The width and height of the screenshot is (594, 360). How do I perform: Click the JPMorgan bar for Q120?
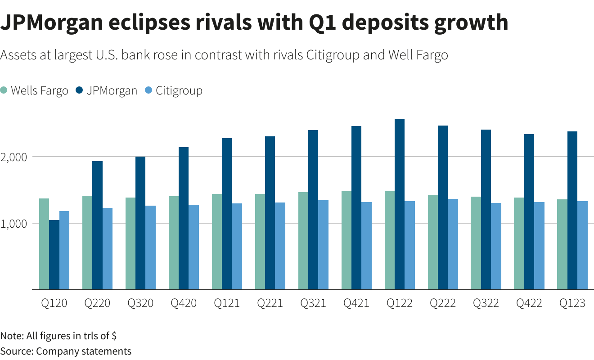[54, 255]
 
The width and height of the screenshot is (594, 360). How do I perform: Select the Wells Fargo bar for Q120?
[44, 244]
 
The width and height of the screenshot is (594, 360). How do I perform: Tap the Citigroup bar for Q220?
[108, 248]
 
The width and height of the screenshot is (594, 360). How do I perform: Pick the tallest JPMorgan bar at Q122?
[400, 204]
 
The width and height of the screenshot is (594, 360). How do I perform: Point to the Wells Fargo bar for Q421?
[346, 240]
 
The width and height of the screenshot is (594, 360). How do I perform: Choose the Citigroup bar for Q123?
[582, 245]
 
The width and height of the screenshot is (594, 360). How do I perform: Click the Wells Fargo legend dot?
[4, 90]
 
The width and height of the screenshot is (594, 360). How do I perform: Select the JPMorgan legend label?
[112, 90]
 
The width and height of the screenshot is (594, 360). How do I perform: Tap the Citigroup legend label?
[179, 90]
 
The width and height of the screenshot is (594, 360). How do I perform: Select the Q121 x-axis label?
[227, 303]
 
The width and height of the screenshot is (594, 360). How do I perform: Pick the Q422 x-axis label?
[529, 303]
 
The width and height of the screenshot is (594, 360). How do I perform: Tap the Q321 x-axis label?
[313, 303]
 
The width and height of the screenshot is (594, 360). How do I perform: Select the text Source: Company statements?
[66, 351]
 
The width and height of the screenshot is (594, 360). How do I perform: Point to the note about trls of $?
[58, 336]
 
